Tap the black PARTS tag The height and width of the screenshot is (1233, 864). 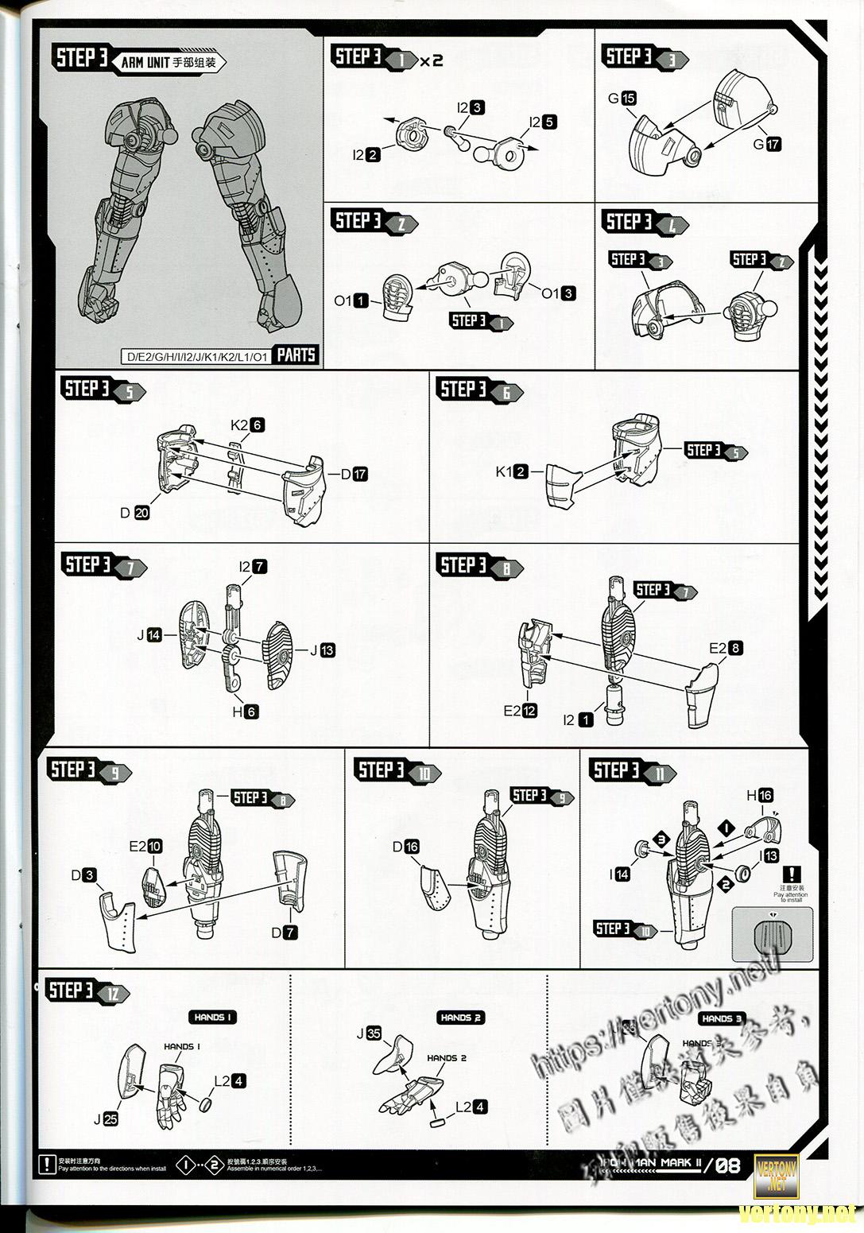296,355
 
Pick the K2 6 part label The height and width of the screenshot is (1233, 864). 247,425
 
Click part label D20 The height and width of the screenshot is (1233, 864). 135,513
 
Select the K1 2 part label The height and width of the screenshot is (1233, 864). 511,471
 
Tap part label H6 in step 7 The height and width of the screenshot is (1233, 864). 245,711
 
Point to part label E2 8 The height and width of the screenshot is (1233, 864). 726,648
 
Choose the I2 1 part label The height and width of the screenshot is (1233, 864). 578,719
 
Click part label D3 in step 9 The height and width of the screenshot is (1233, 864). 83,875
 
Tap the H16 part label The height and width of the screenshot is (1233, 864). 759,795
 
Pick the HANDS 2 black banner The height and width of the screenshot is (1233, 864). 460,1018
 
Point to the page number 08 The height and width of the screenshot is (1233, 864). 729,1166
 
